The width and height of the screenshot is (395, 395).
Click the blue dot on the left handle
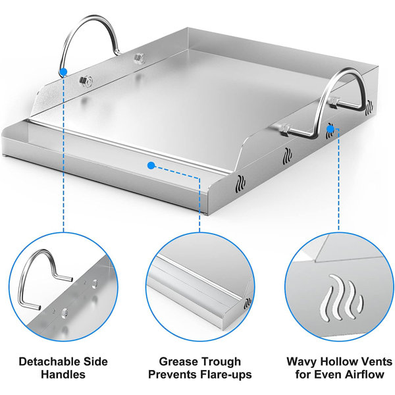pyautogui.click(x=63, y=71)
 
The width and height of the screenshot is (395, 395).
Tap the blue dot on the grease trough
pyautogui.click(x=151, y=165)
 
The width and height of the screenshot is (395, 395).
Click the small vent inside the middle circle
pyautogui.click(x=246, y=304)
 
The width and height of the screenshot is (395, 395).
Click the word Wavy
pyautogui.click(x=302, y=361)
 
